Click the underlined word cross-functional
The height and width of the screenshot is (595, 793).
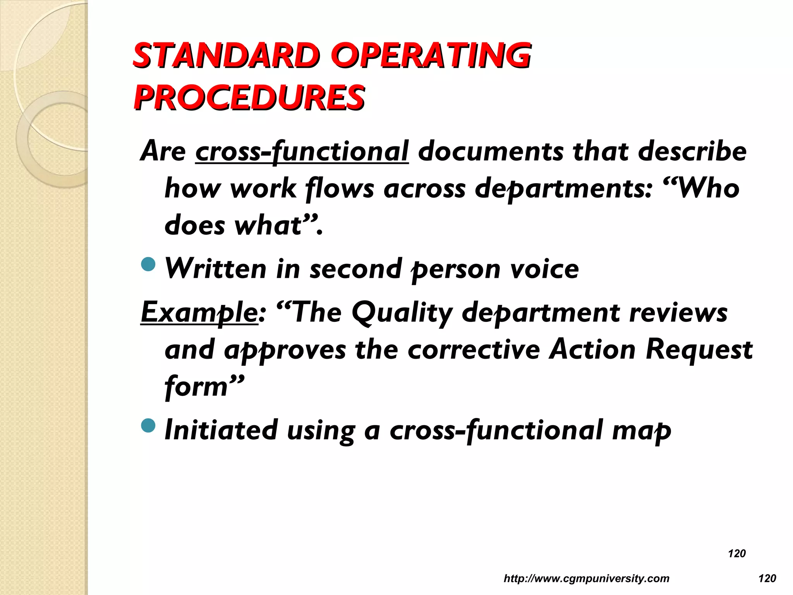(302, 151)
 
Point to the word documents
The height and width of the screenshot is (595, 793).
(491, 151)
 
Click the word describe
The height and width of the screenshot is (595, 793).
(692, 151)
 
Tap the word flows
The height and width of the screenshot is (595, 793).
(340, 189)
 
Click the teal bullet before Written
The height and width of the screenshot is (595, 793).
(148, 265)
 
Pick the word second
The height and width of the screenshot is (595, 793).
(356, 269)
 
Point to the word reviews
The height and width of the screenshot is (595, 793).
(678, 312)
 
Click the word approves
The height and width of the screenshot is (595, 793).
(285, 350)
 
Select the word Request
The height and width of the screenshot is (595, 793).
(699, 350)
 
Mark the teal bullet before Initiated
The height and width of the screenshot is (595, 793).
(148, 426)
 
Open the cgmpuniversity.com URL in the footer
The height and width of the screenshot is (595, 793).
(586, 579)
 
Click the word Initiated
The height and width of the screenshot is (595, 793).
(221, 430)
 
